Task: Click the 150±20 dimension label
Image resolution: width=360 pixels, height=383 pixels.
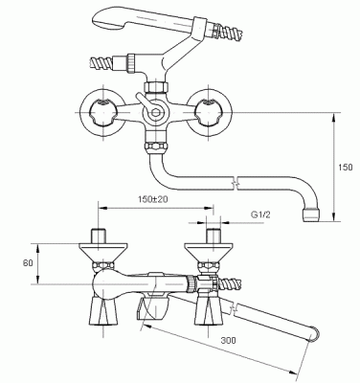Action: point(153,199)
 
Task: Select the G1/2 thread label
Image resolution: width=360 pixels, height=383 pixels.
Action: point(260,214)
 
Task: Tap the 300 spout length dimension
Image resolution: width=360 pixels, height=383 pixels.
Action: point(229,340)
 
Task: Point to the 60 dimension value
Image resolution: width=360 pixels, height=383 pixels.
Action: point(28,263)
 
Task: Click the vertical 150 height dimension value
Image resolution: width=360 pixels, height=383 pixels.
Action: point(346,167)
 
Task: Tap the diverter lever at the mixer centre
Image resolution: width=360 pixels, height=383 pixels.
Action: point(142,101)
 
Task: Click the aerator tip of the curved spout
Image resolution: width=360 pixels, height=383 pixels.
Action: point(310,215)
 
